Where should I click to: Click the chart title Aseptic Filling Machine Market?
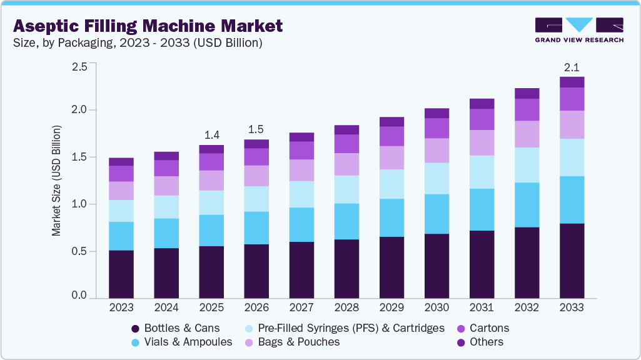click(x=148, y=26)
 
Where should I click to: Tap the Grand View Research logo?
click(x=579, y=29)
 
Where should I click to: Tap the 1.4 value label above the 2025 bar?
click(x=211, y=135)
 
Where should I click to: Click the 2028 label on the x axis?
click(x=346, y=307)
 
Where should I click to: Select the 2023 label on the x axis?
click(x=121, y=307)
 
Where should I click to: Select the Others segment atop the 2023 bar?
click(x=121, y=161)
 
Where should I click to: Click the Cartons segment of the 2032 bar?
click(x=527, y=109)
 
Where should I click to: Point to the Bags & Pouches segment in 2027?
click(x=301, y=170)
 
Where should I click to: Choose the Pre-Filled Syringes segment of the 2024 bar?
click(x=166, y=207)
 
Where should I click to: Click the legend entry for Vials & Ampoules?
click(x=181, y=342)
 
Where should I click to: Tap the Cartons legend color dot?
click(x=462, y=328)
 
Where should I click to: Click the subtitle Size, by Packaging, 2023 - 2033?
click(x=137, y=43)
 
